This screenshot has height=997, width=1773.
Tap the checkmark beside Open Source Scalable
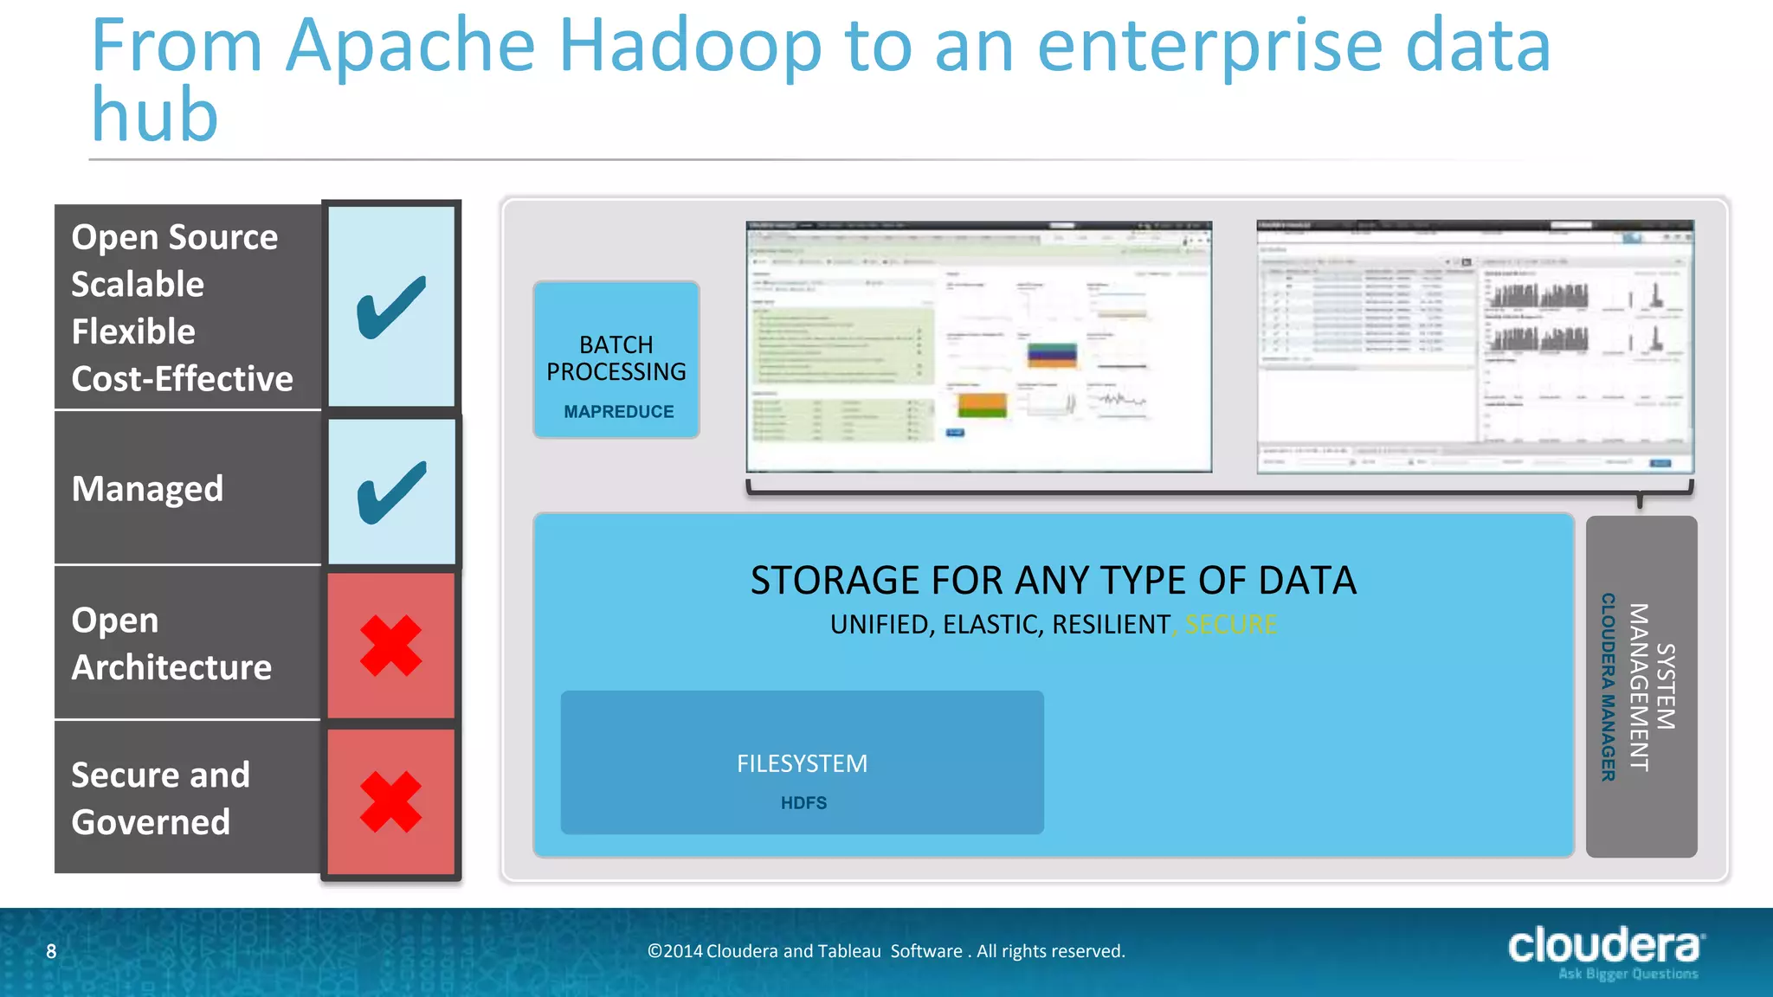tap(391, 306)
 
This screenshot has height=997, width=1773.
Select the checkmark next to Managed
tap(391, 492)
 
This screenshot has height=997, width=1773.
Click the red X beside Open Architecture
tap(391, 646)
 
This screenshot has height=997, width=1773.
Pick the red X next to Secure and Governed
tap(391, 801)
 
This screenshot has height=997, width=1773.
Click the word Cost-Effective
tap(182, 379)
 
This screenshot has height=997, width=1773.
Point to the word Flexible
tap(133, 331)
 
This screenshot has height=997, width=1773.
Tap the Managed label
tap(147, 489)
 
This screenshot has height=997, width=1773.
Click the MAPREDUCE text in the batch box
tap(618, 412)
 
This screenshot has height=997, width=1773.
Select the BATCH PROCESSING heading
tap(616, 358)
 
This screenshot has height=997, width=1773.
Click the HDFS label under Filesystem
tap(803, 803)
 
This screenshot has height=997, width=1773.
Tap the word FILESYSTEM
tap(802, 763)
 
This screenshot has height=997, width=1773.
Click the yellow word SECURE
tap(1230, 624)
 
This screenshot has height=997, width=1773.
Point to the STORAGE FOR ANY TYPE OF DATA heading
tap(1053, 581)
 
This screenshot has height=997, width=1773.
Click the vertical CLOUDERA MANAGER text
tap(1608, 687)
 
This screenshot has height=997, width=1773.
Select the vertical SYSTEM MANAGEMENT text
tap(1652, 687)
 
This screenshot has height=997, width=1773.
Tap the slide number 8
tap(51, 952)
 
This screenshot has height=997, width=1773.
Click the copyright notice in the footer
tap(886, 951)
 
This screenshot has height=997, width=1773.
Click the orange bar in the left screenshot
tap(982, 402)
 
